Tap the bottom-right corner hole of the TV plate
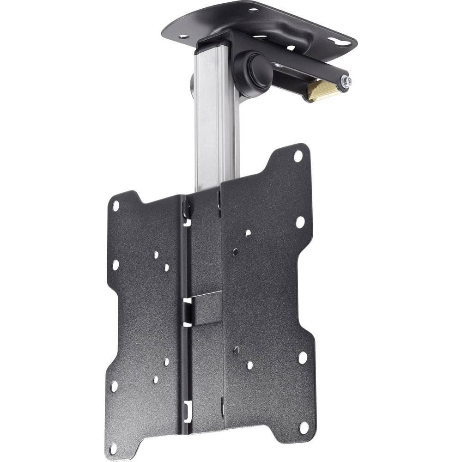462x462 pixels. click(304, 427)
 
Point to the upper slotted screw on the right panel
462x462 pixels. click(236, 251)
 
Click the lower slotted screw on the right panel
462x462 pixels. click(236, 349)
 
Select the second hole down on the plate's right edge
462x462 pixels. click(300, 222)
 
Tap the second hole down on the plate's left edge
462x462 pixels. click(115, 265)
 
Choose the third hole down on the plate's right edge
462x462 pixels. click(302, 358)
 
